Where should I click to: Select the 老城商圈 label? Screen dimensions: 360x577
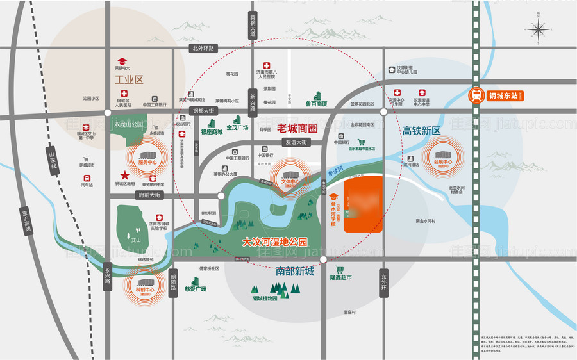point(299,127)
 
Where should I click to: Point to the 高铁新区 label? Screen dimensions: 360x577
point(422,131)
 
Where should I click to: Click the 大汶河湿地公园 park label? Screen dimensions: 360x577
point(275,243)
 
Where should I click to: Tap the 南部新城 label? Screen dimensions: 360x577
point(295,272)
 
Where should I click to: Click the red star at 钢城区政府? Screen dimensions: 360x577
point(122,175)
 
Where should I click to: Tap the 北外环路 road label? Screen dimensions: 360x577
point(205,48)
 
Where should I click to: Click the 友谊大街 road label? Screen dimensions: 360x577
point(297,143)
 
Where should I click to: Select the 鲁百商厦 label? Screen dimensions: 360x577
point(315,104)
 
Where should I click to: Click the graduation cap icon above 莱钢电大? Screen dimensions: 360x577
point(121,60)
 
